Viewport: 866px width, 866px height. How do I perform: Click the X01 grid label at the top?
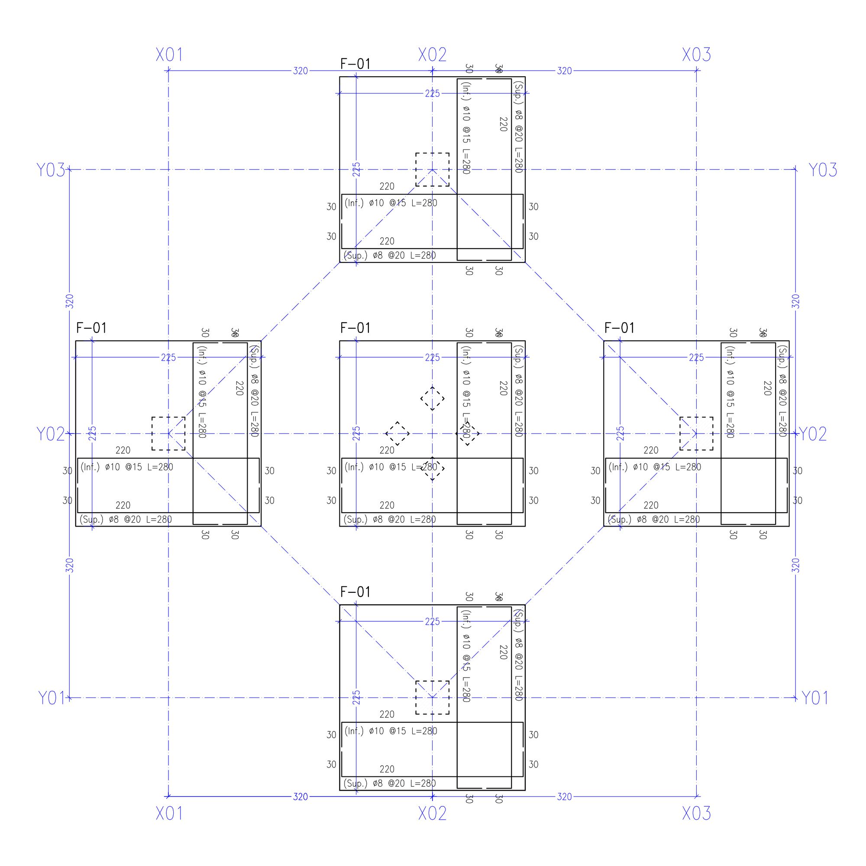pos(169,55)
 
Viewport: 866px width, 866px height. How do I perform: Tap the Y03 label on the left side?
pos(51,170)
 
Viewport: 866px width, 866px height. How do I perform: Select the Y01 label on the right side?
pos(814,698)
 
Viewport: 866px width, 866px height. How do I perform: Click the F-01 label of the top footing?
pos(355,64)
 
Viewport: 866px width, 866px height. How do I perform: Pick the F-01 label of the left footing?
pos(91,328)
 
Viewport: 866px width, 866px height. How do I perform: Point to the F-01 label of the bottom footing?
pos(355,592)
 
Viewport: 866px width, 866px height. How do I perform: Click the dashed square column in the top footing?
pos(432,169)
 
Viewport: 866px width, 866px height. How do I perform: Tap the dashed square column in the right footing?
pos(696,433)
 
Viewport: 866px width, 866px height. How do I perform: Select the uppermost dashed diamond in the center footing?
pos(432,398)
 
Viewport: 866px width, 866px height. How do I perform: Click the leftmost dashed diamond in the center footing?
pos(397,433)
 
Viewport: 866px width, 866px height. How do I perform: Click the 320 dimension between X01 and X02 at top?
pos(301,71)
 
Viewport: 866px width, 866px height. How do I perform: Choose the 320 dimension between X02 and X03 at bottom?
pos(564,797)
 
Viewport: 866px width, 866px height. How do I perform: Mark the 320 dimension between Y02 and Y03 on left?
pos(69,301)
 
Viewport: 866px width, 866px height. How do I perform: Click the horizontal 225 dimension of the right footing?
pos(696,357)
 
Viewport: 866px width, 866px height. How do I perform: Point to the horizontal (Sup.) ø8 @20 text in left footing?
pos(126,520)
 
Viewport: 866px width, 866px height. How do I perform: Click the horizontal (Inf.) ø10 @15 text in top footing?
pos(391,203)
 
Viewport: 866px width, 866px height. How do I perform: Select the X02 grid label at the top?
pos(432,55)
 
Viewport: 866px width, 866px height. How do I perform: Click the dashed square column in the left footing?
pos(168,433)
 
